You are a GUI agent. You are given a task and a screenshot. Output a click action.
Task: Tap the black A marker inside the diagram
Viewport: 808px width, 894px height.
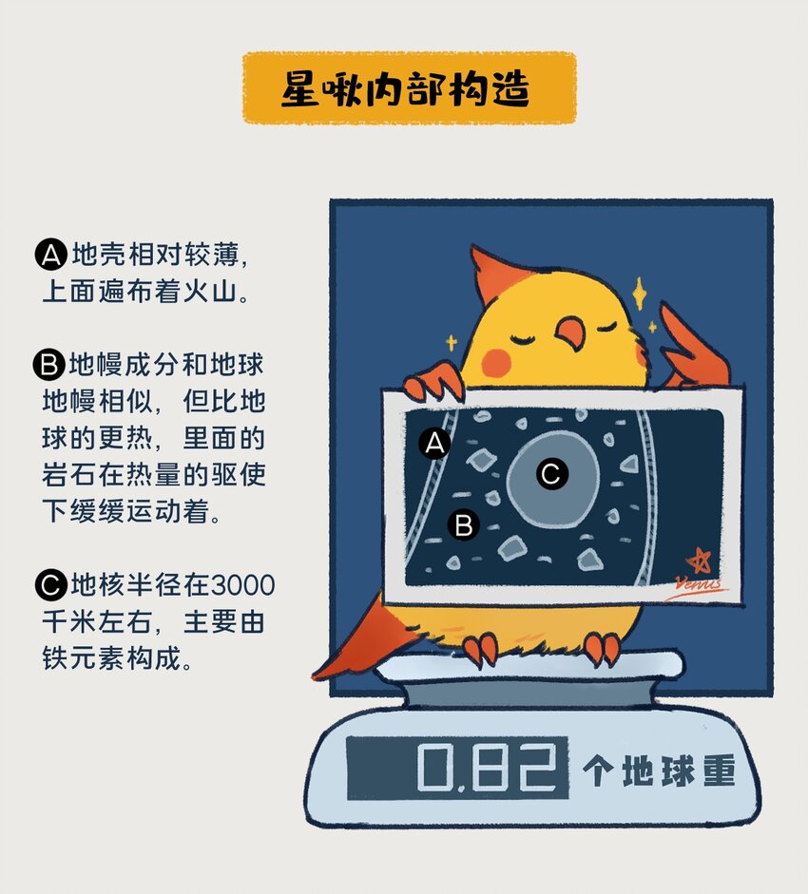point(434,443)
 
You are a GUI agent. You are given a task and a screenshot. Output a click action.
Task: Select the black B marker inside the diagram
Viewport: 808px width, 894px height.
point(463,524)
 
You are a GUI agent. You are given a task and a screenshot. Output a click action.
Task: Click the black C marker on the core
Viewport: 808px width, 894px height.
point(551,472)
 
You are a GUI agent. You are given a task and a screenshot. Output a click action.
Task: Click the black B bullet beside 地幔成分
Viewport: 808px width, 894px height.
point(48,365)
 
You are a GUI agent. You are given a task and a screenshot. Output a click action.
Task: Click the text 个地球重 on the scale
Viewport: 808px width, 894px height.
point(660,771)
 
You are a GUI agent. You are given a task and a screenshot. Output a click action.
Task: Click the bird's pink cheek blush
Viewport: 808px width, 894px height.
point(497,360)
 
